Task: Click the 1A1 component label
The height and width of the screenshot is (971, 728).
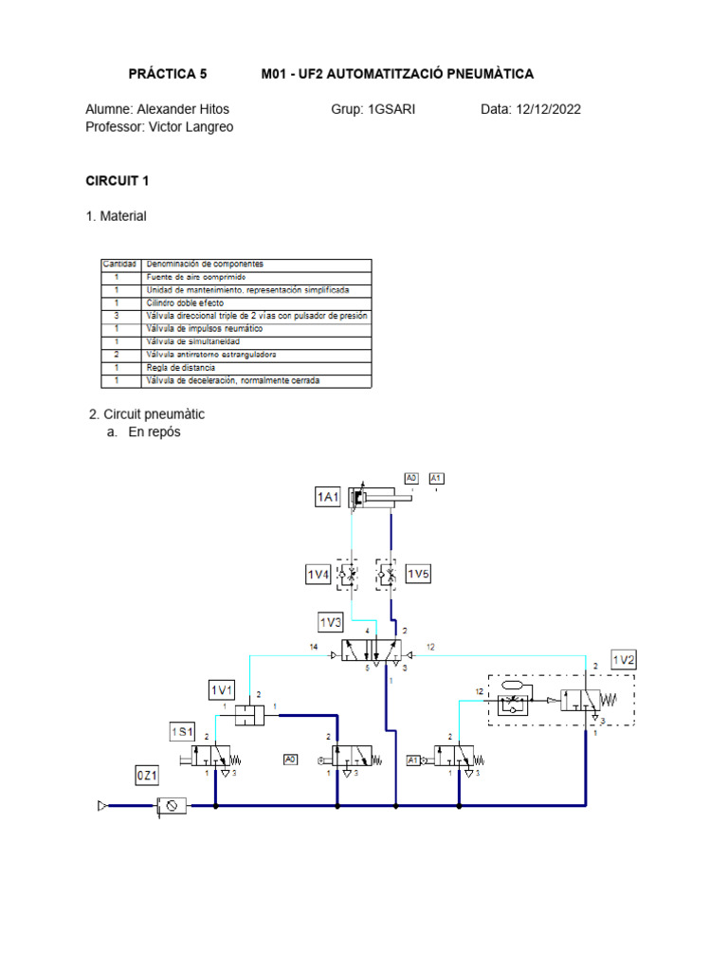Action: (x=327, y=497)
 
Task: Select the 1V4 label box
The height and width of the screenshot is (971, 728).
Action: (x=318, y=575)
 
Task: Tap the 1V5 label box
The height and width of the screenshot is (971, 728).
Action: (x=418, y=575)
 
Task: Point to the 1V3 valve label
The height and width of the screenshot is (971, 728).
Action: (x=331, y=622)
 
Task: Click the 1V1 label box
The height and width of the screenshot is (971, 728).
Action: (x=221, y=689)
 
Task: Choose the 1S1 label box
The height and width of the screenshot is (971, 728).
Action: (x=182, y=731)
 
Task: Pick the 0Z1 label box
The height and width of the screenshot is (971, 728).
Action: (x=147, y=776)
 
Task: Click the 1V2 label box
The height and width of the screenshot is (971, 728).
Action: (x=623, y=660)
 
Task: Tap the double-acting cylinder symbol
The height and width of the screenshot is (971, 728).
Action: (x=373, y=497)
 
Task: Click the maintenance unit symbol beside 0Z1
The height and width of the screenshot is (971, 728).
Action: (x=172, y=806)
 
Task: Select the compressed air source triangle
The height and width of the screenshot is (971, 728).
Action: (x=102, y=806)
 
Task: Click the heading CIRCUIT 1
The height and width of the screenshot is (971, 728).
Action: (x=118, y=180)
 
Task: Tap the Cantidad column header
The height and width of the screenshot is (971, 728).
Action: (x=120, y=264)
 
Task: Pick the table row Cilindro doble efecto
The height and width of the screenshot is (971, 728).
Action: (x=185, y=302)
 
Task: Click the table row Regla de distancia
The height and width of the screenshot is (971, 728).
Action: (x=180, y=367)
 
